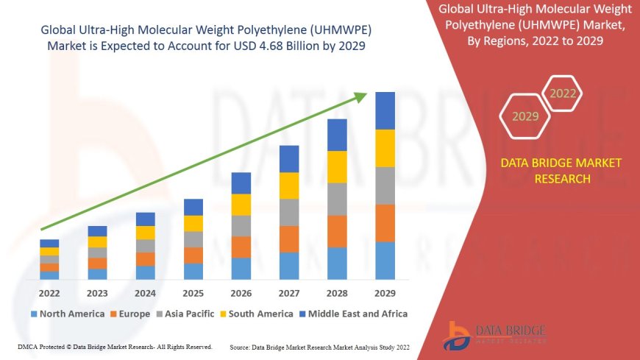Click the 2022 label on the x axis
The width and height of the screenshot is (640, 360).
49,292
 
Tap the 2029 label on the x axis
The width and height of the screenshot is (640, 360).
385,292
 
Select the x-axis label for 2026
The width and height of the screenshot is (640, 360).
241,292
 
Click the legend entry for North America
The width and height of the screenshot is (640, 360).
67,314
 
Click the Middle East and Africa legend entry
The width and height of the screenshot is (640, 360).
352,314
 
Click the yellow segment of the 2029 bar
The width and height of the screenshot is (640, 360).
385,148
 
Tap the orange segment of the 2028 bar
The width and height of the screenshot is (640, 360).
337,231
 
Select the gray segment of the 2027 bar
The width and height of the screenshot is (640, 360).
289,212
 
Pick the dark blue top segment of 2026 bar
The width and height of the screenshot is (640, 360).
241,183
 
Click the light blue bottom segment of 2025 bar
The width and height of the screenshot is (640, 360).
193,271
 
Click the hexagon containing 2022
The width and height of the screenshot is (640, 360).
563,93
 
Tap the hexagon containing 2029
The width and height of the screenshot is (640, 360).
525,116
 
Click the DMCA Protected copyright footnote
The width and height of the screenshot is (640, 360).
114,347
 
